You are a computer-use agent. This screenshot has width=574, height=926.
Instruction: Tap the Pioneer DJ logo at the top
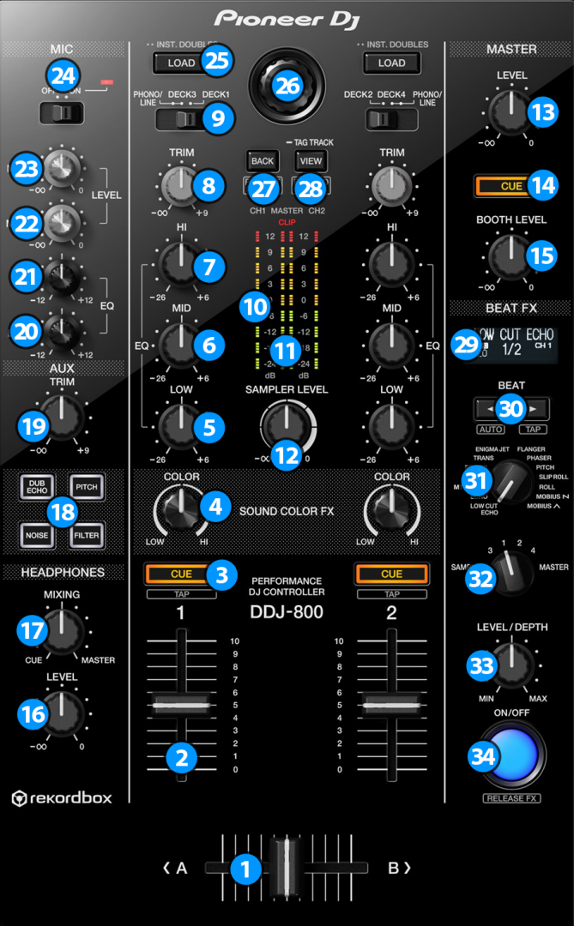287,19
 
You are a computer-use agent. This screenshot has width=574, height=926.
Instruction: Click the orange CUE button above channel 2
391,574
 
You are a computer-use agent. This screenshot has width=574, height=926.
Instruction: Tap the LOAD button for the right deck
391,63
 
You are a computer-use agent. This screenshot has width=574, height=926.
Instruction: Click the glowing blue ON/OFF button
512,754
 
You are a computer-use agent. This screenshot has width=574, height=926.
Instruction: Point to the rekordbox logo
61,798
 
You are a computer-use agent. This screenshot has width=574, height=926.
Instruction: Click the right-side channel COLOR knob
391,509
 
